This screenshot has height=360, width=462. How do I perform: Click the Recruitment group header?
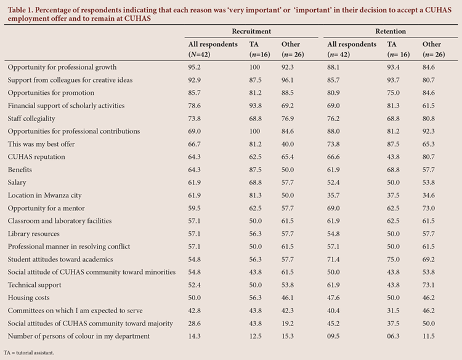[x=251, y=31]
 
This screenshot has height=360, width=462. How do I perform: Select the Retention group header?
[x=391, y=31]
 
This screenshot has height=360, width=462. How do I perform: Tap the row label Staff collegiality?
[x=31, y=119]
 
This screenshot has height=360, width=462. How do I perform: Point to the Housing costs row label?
[x=28, y=298]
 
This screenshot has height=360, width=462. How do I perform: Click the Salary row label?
[x=17, y=183]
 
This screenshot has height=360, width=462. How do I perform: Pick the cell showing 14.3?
[x=195, y=336]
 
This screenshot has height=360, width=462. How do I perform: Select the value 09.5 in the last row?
[x=333, y=336]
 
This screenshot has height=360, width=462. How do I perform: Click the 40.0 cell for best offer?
[x=288, y=144]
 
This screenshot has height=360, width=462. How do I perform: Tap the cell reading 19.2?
[x=288, y=324]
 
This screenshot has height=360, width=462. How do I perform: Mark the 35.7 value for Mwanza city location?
[x=333, y=196]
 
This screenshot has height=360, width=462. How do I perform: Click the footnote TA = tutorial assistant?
[x=29, y=353]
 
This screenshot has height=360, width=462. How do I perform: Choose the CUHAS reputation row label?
[x=36, y=157]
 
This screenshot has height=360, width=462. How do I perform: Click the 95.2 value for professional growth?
[x=195, y=68]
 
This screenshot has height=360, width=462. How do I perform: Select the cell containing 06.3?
[x=394, y=336]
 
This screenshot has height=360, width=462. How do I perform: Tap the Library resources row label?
[x=34, y=234]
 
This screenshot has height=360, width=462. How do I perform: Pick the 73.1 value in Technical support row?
[x=428, y=285]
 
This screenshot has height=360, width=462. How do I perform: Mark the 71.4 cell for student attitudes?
[x=333, y=259]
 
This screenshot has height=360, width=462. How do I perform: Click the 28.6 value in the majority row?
[x=195, y=324]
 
